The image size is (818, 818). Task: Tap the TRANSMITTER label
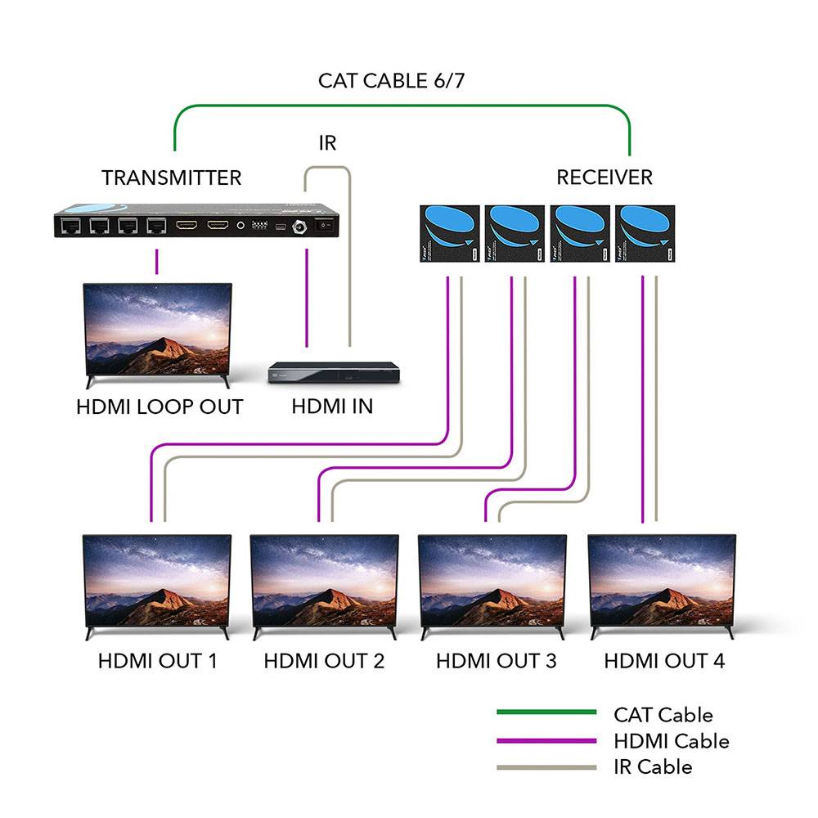click(x=171, y=178)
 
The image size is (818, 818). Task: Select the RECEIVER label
click(x=605, y=178)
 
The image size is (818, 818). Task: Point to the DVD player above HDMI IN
click(x=333, y=372)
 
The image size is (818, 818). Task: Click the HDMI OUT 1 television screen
click(x=157, y=582)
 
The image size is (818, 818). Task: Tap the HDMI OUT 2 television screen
click(x=324, y=582)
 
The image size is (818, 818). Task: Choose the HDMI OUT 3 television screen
click(x=492, y=582)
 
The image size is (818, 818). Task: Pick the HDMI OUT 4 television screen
click(x=662, y=582)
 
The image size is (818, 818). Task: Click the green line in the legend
click(x=546, y=713)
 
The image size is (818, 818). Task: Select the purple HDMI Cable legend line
click(x=546, y=741)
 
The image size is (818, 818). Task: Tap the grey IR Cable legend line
click(x=546, y=767)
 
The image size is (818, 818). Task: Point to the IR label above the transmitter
click(x=327, y=143)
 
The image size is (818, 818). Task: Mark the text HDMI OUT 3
click(x=497, y=661)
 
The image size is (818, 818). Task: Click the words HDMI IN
click(x=332, y=407)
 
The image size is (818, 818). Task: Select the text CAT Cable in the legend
click(x=663, y=715)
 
